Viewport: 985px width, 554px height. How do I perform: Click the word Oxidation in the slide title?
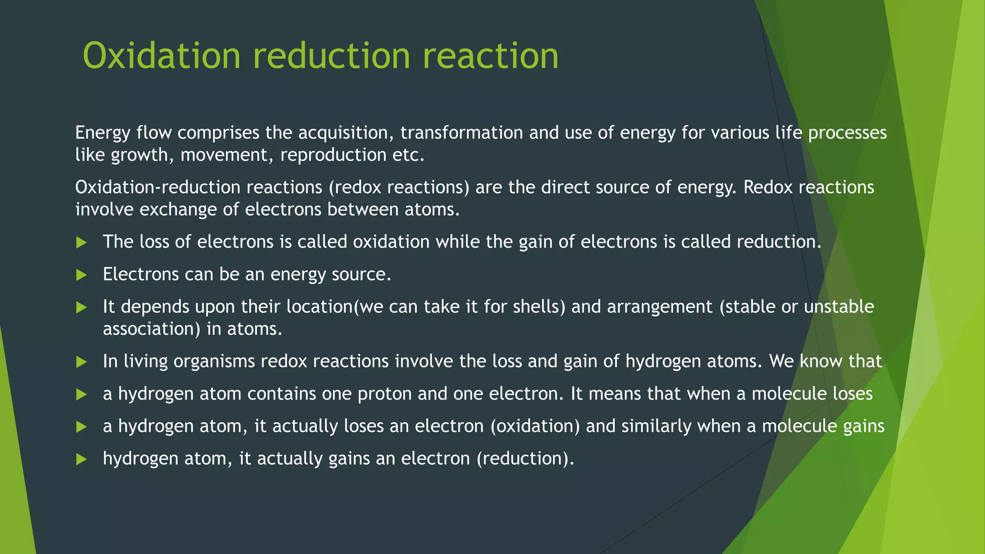pos(162,56)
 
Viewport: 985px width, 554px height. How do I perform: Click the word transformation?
pos(462,133)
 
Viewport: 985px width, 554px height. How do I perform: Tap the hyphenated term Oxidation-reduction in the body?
pos(158,187)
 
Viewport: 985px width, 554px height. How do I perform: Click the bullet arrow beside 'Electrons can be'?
pos(82,275)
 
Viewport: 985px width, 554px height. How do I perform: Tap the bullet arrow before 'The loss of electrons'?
pos(82,242)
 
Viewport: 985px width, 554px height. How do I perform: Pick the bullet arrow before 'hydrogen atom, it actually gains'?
pos(82,459)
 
